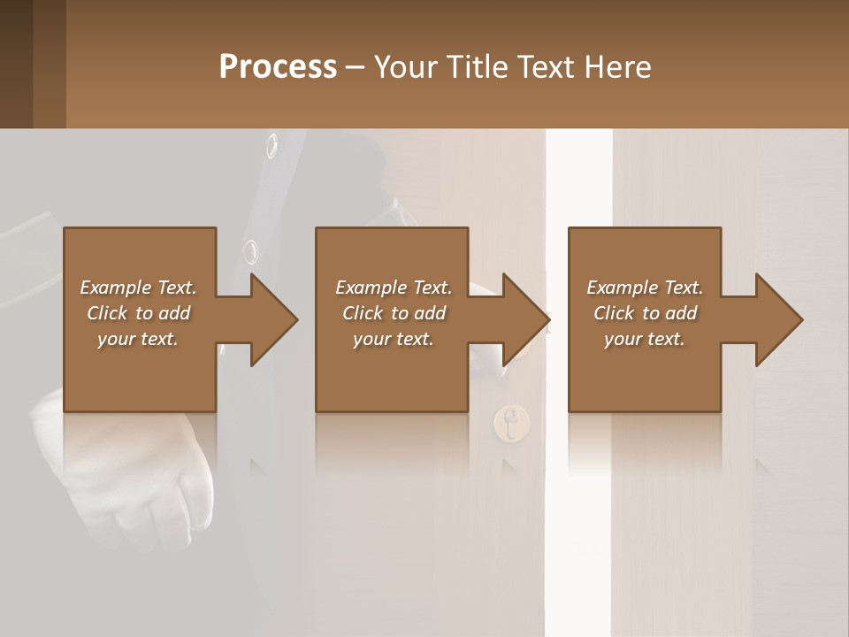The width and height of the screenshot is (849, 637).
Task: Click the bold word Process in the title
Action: point(278,67)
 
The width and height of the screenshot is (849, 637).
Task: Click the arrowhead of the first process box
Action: point(273,319)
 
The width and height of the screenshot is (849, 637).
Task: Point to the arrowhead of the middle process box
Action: point(525,319)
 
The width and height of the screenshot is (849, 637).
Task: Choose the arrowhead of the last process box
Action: point(778,319)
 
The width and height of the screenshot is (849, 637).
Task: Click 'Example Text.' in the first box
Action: point(138,288)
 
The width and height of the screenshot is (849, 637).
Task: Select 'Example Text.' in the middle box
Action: point(393,288)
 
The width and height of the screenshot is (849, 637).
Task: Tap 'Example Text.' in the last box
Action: point(645,288)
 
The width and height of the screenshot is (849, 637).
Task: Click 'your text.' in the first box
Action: point(138,339)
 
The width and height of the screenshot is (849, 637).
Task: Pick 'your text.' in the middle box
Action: point(393,339)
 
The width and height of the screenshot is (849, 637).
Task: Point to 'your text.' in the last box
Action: point(645,339)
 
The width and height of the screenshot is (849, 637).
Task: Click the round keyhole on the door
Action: point(511,423)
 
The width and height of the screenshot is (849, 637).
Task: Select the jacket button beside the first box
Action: point(251,251)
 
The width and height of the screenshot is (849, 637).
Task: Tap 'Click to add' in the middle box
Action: point(393,313)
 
